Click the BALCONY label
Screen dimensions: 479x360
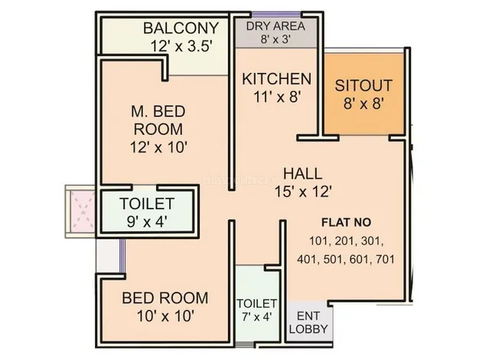(181, 28)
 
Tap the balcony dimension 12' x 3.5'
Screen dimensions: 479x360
(181, 47)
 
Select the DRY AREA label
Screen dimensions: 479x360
(275, 26)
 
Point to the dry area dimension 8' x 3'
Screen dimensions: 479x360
(275, 39)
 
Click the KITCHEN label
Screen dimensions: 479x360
(277, 79)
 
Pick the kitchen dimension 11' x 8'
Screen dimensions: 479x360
(278, 97)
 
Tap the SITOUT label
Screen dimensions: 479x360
(363, 86)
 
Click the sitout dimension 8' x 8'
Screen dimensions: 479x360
(363, 103)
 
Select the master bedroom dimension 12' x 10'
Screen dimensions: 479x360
(158, 147)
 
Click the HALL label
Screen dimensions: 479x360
(302, 174)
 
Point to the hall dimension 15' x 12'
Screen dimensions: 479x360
(303, 191)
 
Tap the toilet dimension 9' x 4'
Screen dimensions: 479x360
(147, 221)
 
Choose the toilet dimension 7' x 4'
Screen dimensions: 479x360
(256, 317)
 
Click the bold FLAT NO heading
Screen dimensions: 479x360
(346, 222)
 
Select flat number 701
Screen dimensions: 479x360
(385, 260)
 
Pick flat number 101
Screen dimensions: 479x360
(319, 241)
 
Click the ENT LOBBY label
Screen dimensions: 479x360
(308, 322)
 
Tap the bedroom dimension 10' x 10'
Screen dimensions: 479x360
(165, 316)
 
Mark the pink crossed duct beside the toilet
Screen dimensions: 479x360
(83, 211)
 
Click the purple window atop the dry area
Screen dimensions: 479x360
(276, 14)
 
